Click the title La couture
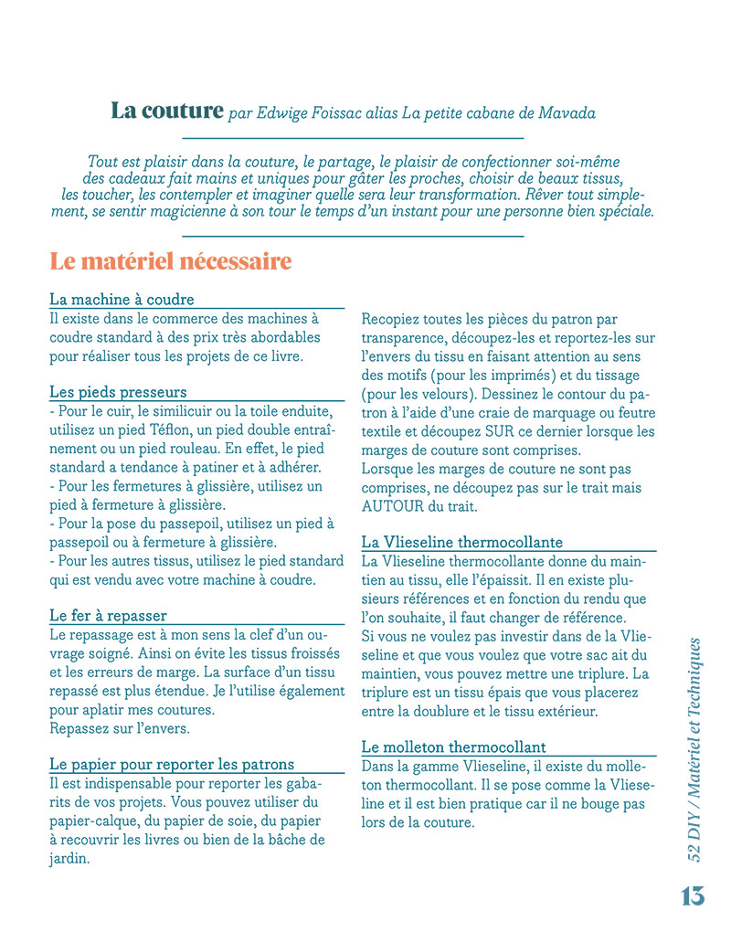167,111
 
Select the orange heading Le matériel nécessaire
171,261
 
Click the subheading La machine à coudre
122,300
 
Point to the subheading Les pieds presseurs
118,392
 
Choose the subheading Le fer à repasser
108,615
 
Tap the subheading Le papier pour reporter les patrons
172,764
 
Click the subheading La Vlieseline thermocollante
462,542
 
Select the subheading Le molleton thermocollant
454,747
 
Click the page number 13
693,896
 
